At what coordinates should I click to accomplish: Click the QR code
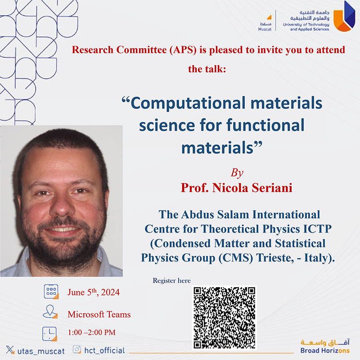coord(224,318)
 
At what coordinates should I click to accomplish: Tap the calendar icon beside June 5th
coord(51,292)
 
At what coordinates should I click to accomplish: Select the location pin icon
coord(50,311)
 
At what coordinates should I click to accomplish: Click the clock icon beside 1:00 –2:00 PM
coord(49,334)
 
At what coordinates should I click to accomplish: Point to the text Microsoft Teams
coord(99,314)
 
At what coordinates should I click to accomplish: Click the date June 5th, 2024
coord(94,292)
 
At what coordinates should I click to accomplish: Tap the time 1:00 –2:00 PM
coord(92,332)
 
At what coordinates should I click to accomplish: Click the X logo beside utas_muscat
coord(10,350)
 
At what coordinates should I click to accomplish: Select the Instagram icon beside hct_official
coord(77,350)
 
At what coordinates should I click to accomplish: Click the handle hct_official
coord(105,351)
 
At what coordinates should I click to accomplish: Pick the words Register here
coord(172,280)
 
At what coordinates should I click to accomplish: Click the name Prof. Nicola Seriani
coord(236,188)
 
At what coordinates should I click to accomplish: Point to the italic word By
coord(237,173)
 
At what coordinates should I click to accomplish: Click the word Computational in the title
coord(188,103)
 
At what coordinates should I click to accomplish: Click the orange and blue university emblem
coord(344,16)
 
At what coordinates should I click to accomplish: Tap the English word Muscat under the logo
coord(265,29)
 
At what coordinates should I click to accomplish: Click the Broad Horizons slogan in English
coord(325,351)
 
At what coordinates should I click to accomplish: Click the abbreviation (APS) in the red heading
coord(183,50)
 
